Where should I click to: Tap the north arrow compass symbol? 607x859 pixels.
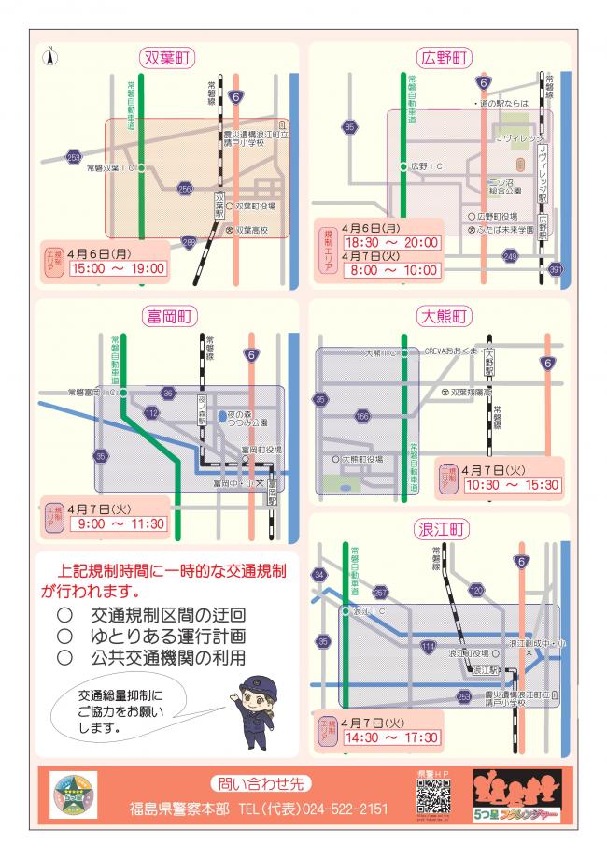click(x=52, y=56)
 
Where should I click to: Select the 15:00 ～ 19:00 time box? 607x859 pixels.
click(x=117, y=268)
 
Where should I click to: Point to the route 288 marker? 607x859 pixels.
click(x=190, y=243)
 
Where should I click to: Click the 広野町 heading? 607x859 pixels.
click(x=444, y=58)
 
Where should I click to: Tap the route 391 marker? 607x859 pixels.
click(x=557, y=270)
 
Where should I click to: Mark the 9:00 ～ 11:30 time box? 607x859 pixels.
click(x=117, y=524)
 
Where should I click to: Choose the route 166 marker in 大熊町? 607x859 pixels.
click(x=362, y=415)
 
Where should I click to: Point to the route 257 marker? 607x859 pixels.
click(x=379, y=593)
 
